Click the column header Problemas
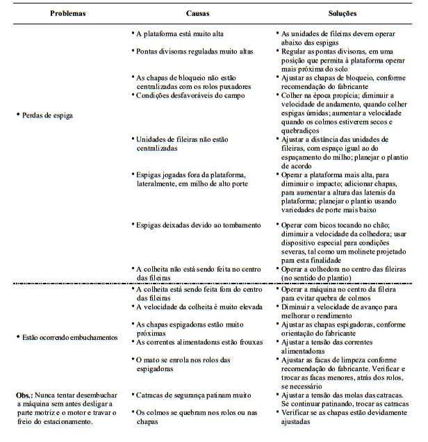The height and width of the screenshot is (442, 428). point(67,13)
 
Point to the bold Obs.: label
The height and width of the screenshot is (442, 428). point(29,395)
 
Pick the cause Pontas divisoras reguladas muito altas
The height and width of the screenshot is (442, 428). point(194,51)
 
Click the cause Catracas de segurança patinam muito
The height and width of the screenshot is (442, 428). point(192,395)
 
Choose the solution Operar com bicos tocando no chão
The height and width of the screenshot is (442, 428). point(338,225)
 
